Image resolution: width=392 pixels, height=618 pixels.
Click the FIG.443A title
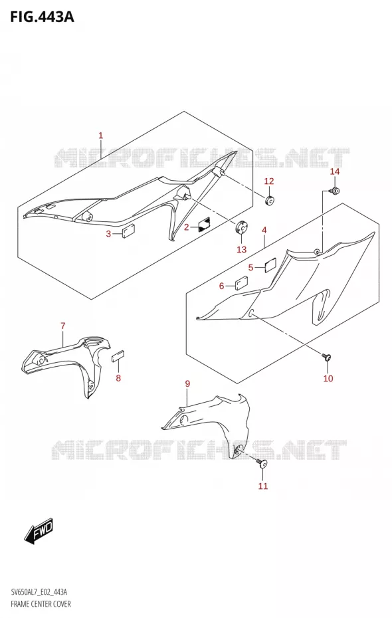pyautogui.click(x=42, y=17)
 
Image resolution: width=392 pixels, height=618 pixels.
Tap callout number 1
pyautogui.click(x=100, y=136)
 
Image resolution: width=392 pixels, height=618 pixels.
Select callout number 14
pyautogui.click(x=334, y=171)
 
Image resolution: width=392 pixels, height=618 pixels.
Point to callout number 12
pyautogui.click(x=268, y=181)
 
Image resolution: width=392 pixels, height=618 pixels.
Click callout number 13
pyautogui.click(x=241, y=249)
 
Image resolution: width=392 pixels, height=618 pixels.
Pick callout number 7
pyautogui.click(x=63, y=326)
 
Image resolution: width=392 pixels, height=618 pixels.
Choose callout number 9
pyautogui.click(x=187, y=383)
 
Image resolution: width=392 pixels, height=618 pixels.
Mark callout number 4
pyautogui.click(x=264, y=230)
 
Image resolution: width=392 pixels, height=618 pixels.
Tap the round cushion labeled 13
pyautogui.click(x=241, y=227)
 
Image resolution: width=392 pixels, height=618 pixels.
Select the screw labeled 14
pyautogui.click(x=334, y=191)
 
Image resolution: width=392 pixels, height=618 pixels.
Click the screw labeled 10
pyautogui.click(x=327, y=358)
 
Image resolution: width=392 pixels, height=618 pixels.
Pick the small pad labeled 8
pyautogui.click(x=118, y=357)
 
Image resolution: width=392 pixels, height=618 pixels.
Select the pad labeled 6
pyautogui.click(x=241, y=283)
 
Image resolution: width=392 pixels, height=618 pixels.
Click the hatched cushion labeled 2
pyautogui.click(x=204, y=224)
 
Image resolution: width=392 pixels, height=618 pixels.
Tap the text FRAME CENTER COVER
pyautogui.click(x=41, y=604)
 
